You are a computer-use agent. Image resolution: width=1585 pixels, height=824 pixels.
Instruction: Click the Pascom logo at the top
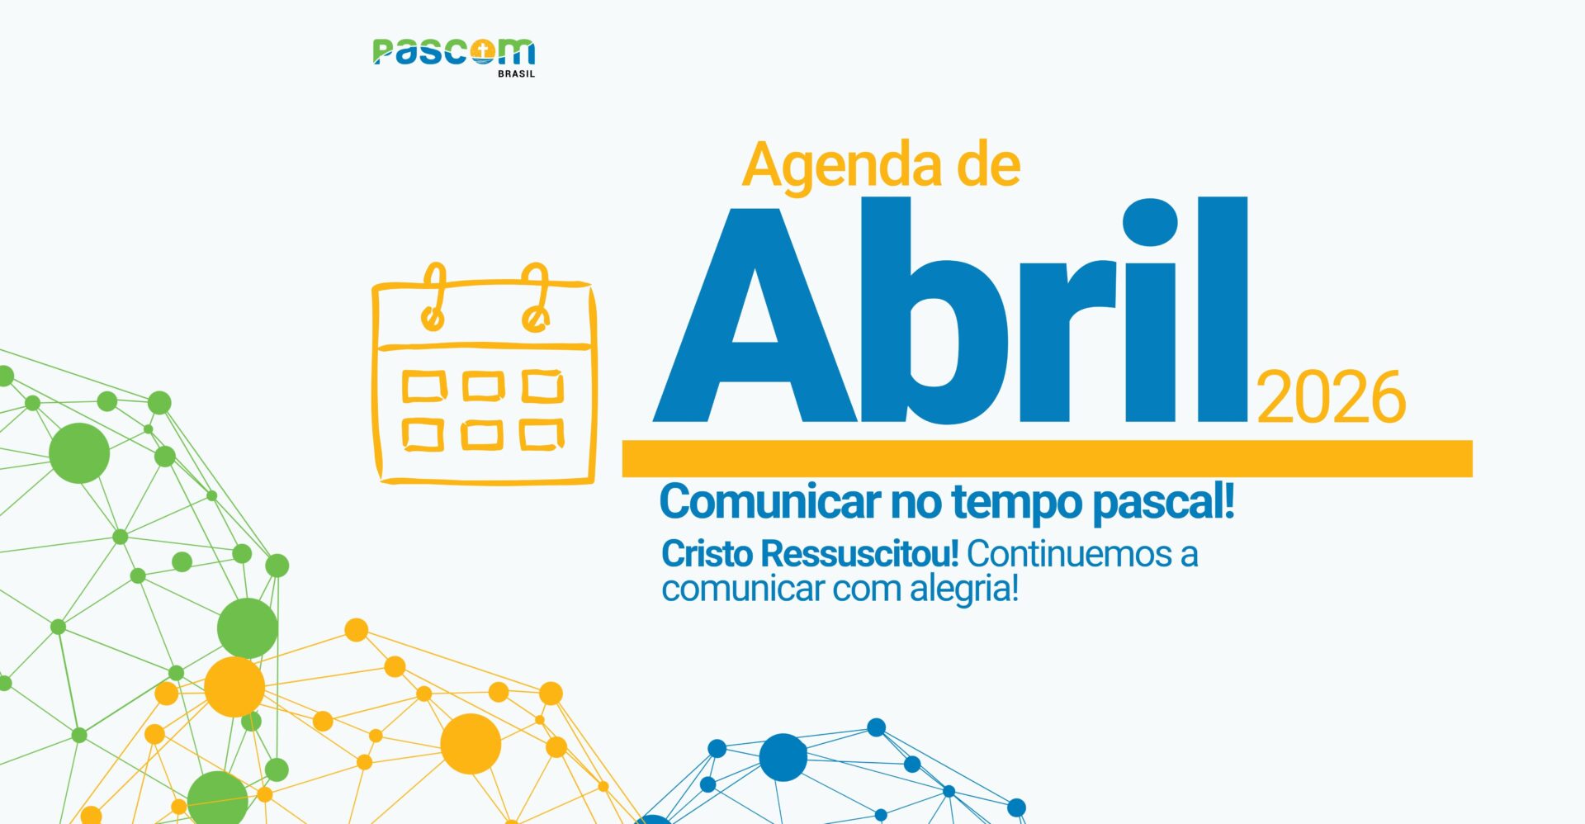click(x=454, y=56)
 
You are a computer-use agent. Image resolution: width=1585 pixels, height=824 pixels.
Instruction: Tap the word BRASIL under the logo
click(x=516, y=73)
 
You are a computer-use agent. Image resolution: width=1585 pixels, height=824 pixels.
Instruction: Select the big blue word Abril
click(x=950, y=310)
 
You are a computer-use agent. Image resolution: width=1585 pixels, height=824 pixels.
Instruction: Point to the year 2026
click(x=1331, y=398)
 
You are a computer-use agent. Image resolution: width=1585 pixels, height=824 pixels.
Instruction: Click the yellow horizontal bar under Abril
click(x=1047, y=458)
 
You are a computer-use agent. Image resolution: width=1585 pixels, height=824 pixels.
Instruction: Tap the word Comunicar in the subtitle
click(x=769, y=502)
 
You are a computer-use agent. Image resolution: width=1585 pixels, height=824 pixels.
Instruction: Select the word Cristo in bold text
click(x=707, y=554)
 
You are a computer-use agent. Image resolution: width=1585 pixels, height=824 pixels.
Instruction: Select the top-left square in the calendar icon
click(x=424, y=386)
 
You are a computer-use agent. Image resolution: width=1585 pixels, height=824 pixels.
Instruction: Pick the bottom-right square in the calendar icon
click(x=542, y=434)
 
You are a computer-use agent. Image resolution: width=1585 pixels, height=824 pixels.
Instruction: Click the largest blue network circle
click(x=783, y=757)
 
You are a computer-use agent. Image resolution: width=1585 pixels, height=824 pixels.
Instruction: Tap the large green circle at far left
click(x=79, y=453)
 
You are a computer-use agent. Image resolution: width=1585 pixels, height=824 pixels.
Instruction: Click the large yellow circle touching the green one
click(x=234, y=687)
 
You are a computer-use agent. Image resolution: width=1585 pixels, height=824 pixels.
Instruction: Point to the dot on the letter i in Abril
click(x=1150, y=221)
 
